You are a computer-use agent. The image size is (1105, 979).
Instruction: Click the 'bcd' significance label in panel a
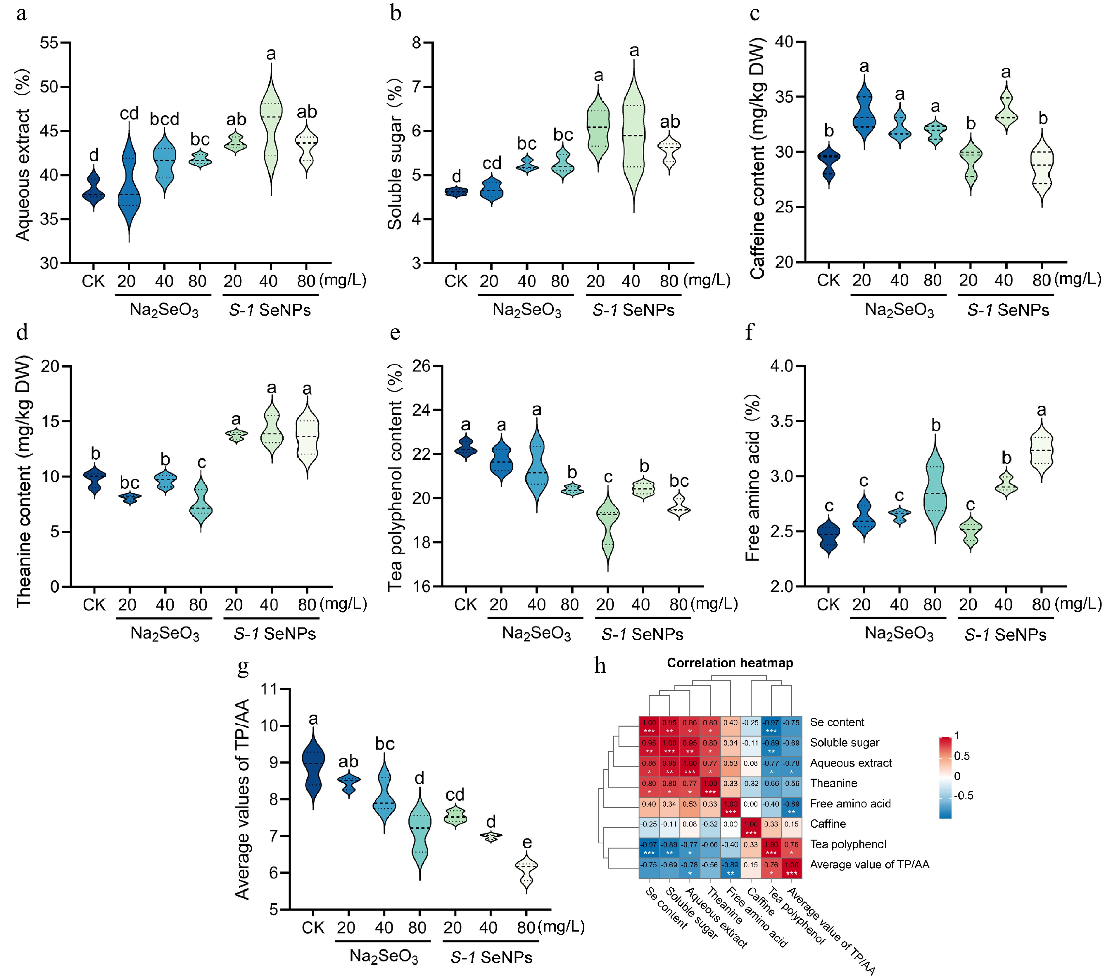point(164,119)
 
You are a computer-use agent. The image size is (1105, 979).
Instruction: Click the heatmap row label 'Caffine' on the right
point(828,824)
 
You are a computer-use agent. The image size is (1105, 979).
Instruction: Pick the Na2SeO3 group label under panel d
point(165,634)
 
